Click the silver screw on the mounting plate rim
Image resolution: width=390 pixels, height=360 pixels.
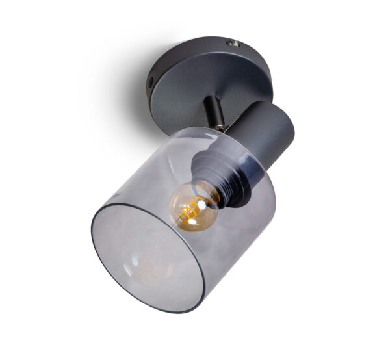[x=233, y=43]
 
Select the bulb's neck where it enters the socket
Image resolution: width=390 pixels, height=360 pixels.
[x=212, y=194]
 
